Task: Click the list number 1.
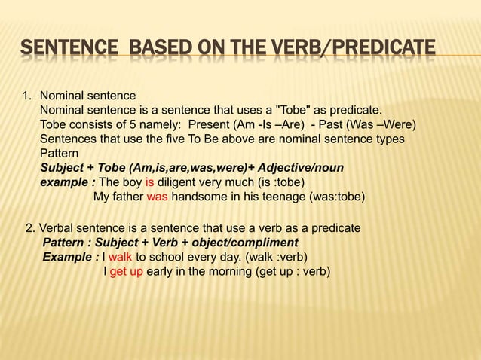point(26,96)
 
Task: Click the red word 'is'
point(150,183)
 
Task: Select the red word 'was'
point(157,197)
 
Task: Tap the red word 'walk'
point(121,257)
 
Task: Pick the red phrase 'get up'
point(127,271)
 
